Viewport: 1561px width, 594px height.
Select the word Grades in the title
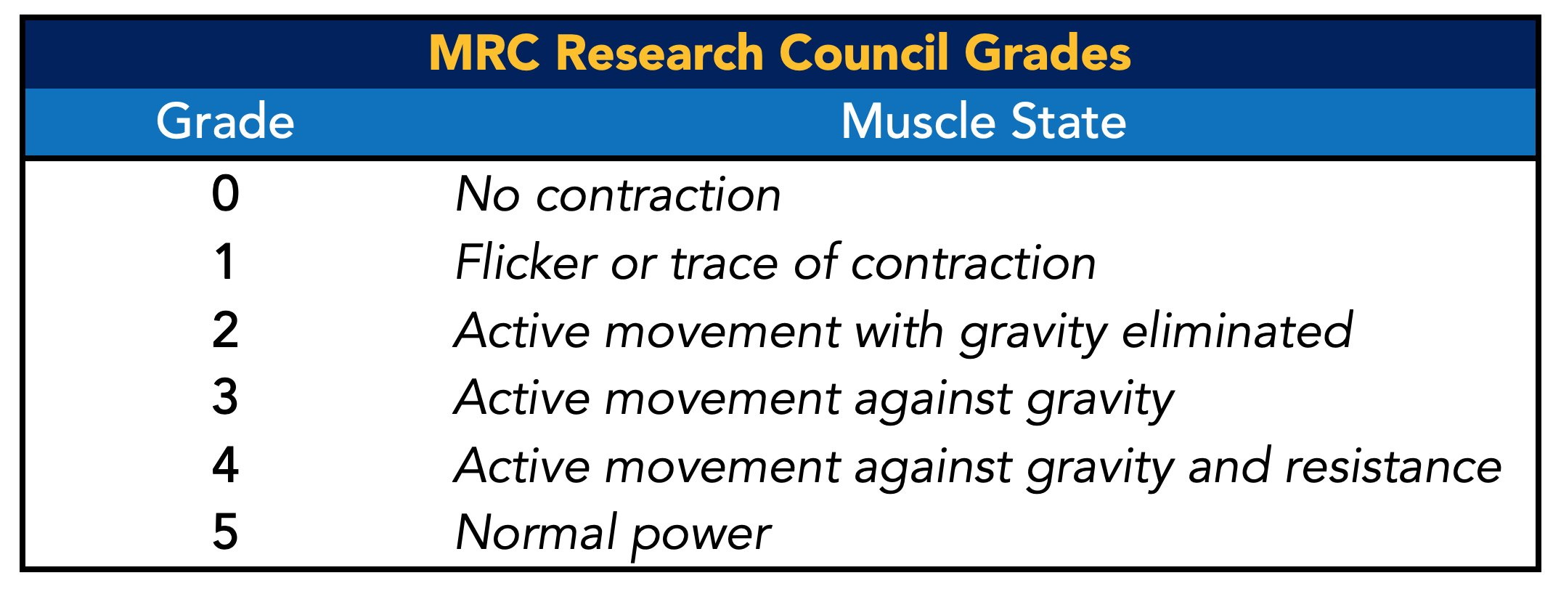coord(1048,53)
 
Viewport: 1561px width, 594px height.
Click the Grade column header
coord(225,121)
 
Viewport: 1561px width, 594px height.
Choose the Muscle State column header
coord(984,121)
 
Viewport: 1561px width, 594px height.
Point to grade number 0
coord(225,194)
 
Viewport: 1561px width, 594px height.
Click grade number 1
coord(225,261)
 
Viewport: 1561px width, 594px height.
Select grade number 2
coord(225,330)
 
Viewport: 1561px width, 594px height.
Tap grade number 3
coord(225,397)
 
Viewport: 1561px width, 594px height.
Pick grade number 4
coord(225,465)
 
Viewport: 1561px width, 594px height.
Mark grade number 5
coord(225,532)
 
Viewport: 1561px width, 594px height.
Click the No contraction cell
coord(618,195)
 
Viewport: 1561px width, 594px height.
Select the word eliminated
coord(1237,330)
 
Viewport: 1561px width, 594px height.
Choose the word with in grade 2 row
coord(900,330)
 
